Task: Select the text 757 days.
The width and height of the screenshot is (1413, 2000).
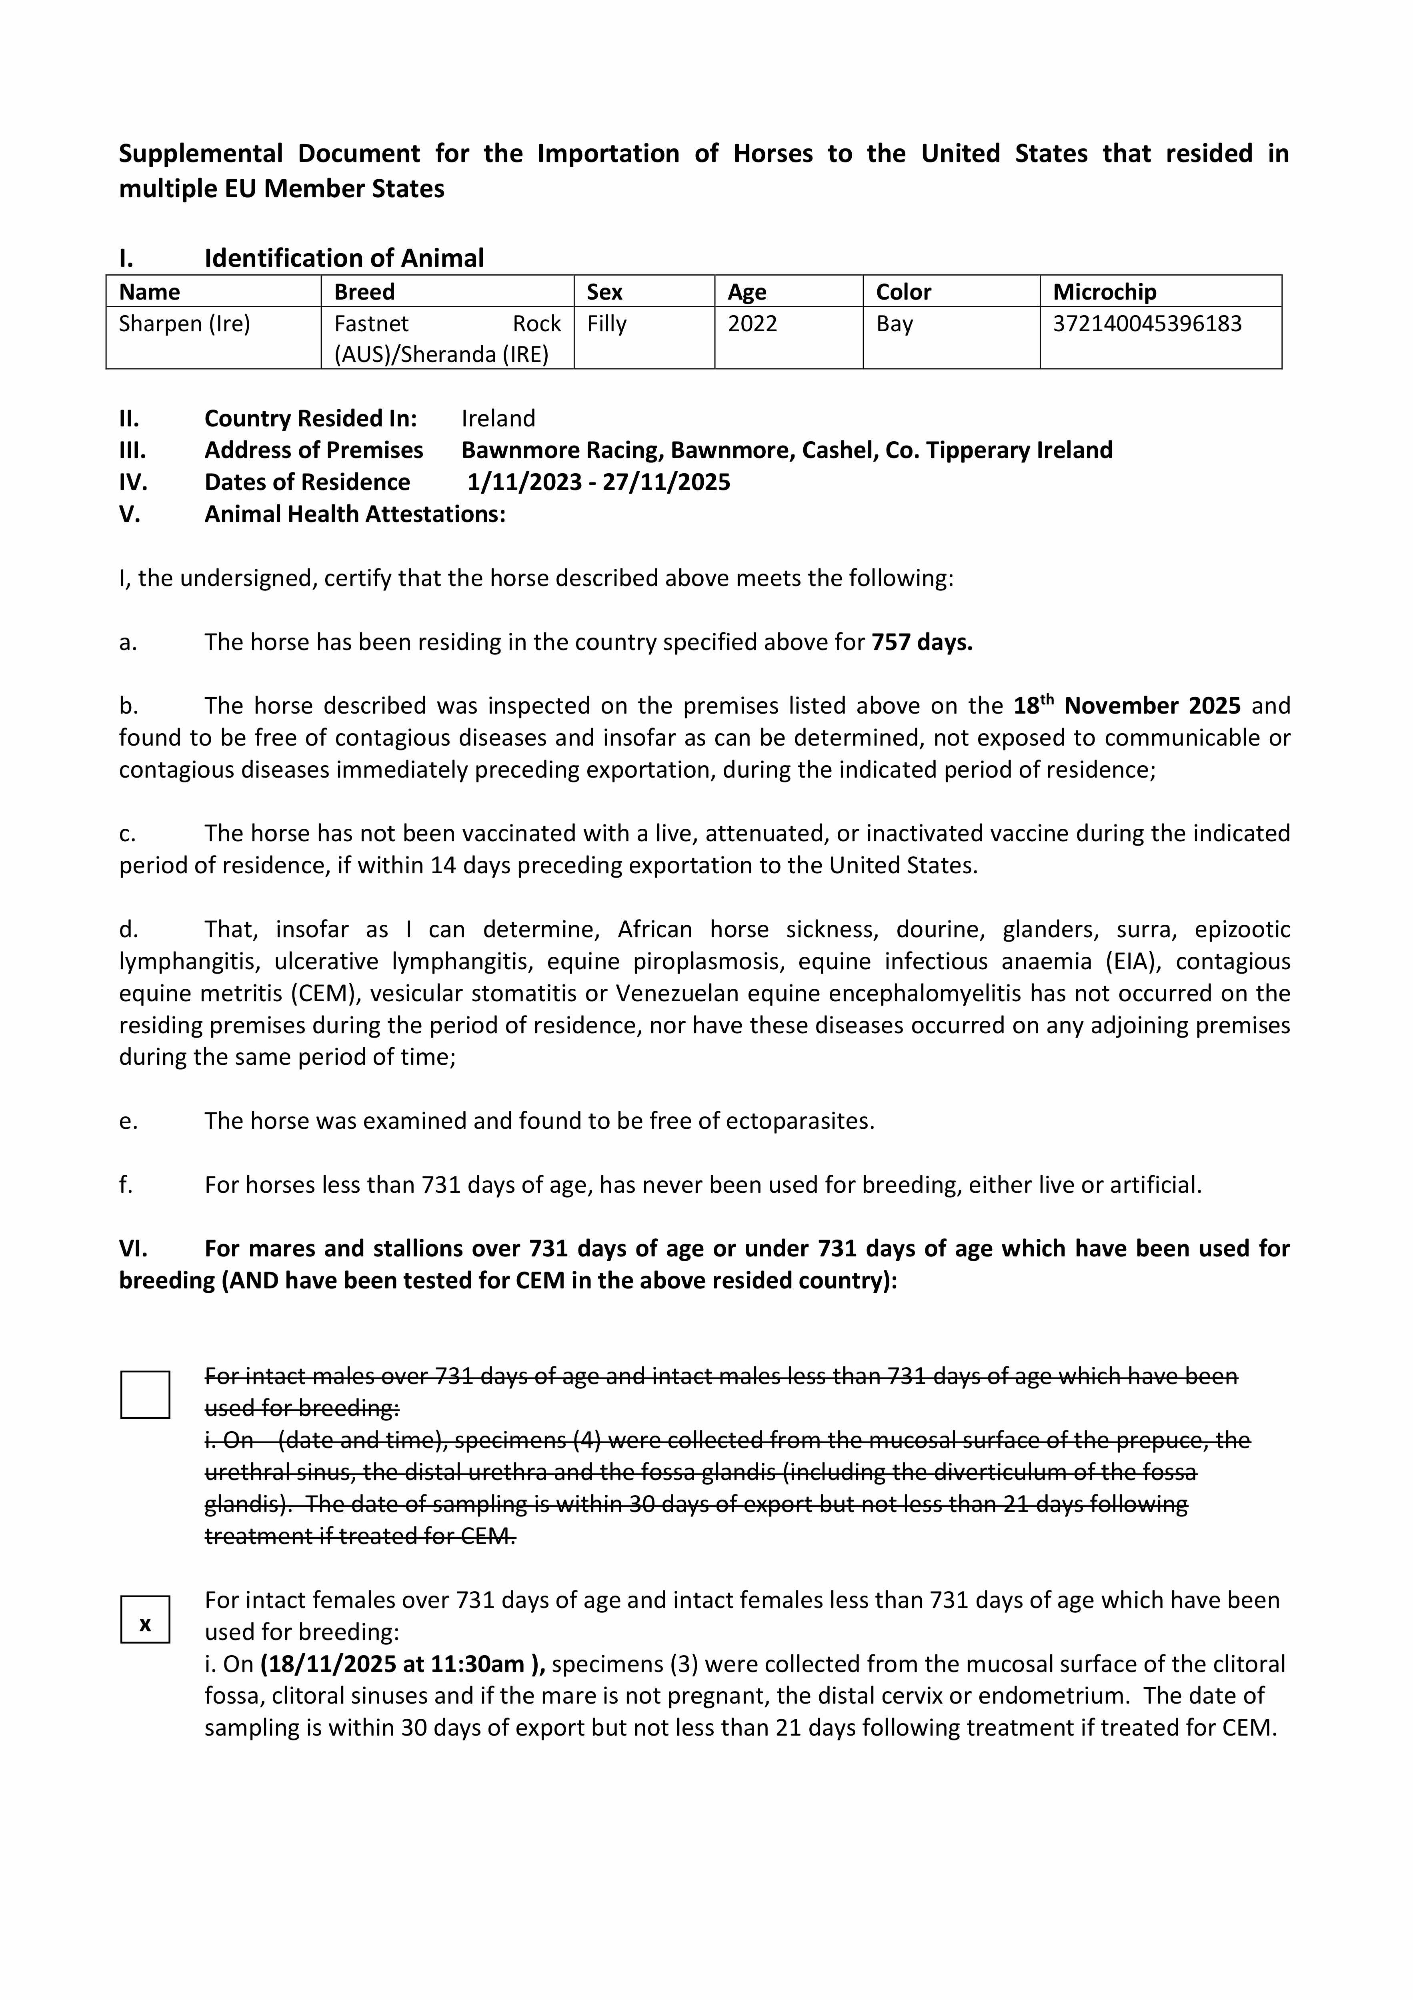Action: tap(922, 642)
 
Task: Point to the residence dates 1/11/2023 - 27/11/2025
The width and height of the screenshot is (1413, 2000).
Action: tap(598, 482)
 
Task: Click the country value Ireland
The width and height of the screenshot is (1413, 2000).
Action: tap(498, 418)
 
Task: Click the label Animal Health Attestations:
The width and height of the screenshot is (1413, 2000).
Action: tap(354, 514)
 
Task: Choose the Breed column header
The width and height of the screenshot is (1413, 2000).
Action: tap(364, 292)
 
